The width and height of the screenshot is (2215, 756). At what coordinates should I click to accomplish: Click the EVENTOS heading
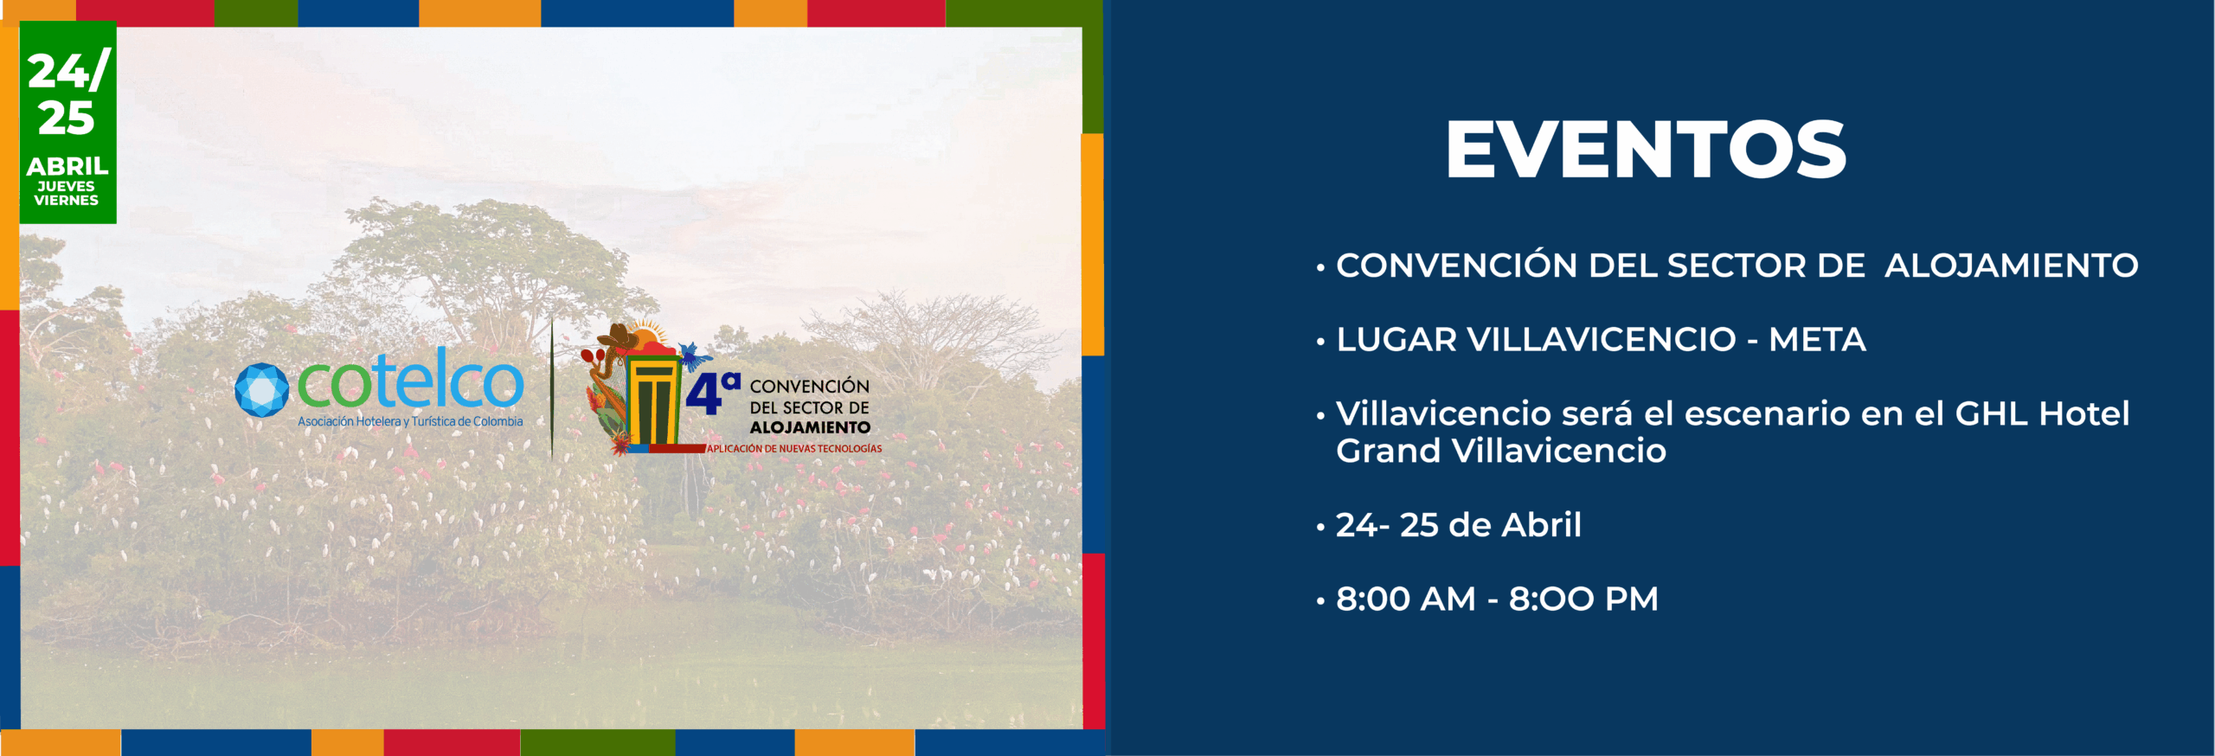point(1646,150)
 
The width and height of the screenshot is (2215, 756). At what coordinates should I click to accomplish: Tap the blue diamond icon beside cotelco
point(261,390)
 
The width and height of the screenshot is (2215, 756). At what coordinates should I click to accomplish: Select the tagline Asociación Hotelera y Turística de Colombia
point(410,422)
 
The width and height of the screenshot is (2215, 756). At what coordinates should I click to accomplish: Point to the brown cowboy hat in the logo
point(619,337)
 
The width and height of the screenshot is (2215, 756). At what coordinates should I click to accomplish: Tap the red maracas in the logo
point(593,357)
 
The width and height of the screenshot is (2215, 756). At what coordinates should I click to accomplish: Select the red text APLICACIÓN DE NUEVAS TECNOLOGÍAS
point(794,449)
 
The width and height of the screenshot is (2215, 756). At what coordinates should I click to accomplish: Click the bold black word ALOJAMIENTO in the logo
point(810,427)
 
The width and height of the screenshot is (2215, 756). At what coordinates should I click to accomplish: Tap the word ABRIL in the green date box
point(67,166)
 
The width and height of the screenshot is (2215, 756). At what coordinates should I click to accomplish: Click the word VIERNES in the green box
point(67,201)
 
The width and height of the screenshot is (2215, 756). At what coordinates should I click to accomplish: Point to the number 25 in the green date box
point(67,119)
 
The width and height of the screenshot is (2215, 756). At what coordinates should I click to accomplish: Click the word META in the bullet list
point(1817,340)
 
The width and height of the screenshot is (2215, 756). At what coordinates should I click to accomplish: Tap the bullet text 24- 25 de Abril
point(1459,525)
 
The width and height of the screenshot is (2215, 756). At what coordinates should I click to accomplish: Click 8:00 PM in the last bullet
point(1583,599)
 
